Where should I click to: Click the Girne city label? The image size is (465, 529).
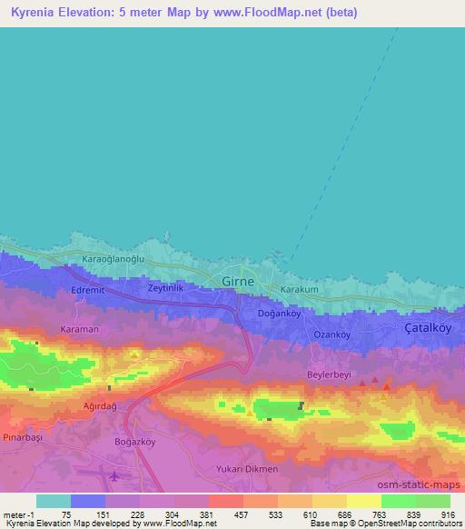point(238,281)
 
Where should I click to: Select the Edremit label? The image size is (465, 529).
point(88,290)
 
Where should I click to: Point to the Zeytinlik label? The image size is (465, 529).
point(166,287)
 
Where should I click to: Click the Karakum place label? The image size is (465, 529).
point(299,289)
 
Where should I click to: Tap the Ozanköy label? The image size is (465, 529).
point(331,334)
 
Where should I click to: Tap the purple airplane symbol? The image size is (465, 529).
point(114,474)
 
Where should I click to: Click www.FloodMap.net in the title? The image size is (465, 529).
point(275,12)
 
